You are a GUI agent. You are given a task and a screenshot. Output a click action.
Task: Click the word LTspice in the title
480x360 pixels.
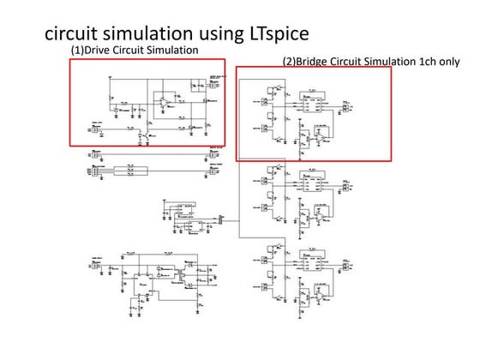pyautogui.click(x=272, y=33)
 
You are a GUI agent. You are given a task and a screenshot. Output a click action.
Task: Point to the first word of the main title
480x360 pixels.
pyautogui.click(x=67, y=33)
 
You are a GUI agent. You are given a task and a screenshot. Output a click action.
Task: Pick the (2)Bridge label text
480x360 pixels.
pyautogui.click(x=307, y=62)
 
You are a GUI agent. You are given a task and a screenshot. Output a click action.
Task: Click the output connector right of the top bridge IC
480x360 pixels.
pyautogui.click(x=347, y=106)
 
